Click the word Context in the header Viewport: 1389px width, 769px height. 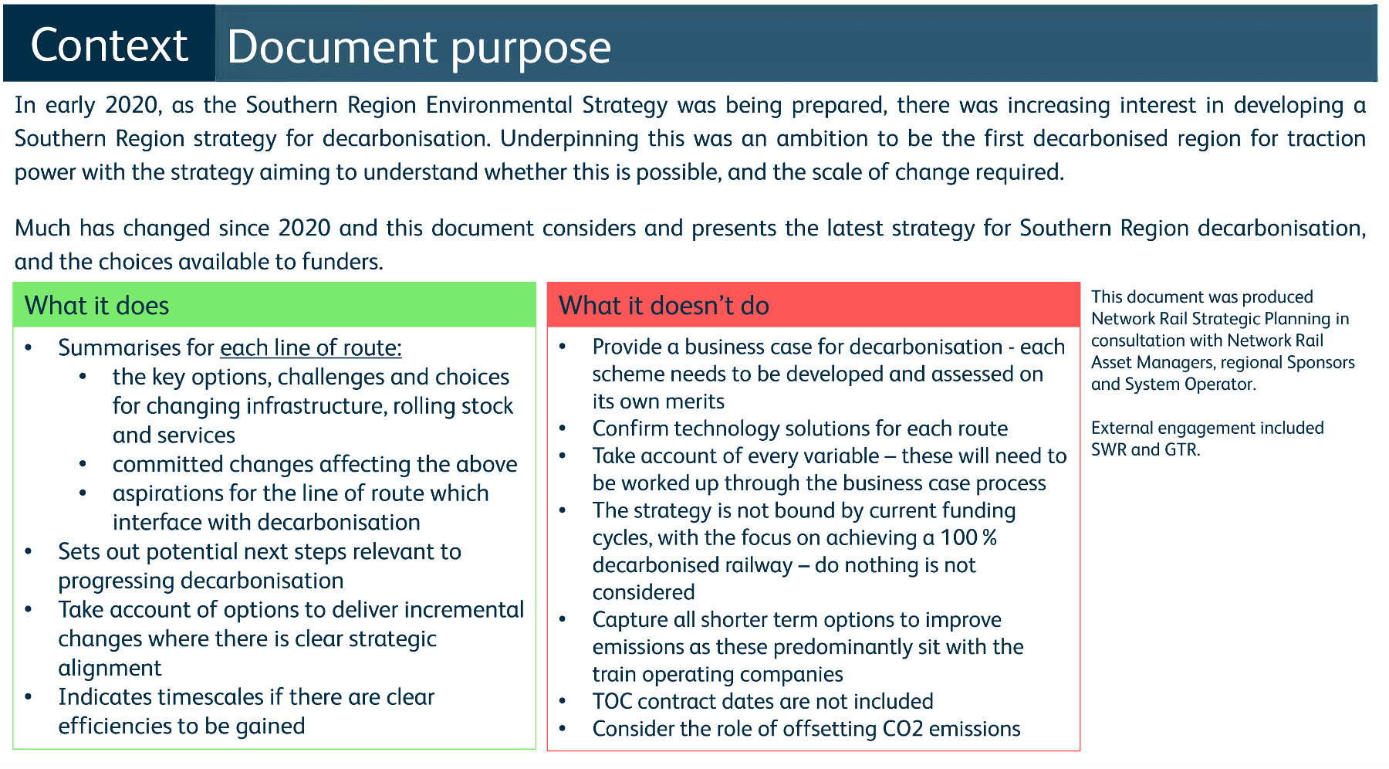click(x=109, y=45)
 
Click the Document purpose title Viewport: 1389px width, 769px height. click(x=419, y=48)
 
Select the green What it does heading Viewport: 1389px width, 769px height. click(x=96, y=306)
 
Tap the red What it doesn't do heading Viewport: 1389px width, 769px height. click(x=664, y=306)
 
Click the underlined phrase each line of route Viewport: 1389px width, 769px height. click(x=311, y=348)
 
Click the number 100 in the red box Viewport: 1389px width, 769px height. click(x=958, y=537)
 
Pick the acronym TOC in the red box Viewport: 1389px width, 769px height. click(x=612, y=701)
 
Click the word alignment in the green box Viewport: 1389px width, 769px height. click(x=110, y=668)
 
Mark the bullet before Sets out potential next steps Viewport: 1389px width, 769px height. click(x=29, y=552)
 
